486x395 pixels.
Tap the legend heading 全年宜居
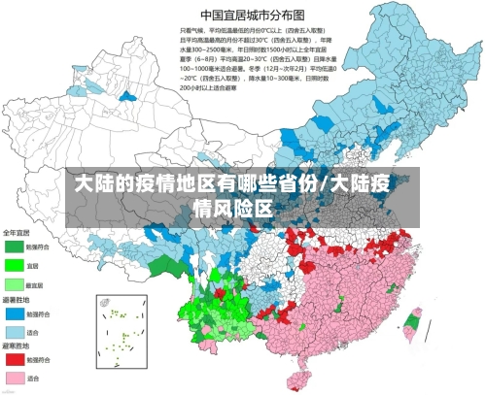[x=17, y=233]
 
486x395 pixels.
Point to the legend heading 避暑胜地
[x=17, y=301]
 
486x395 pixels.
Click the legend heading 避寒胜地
[x=17, y=346]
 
